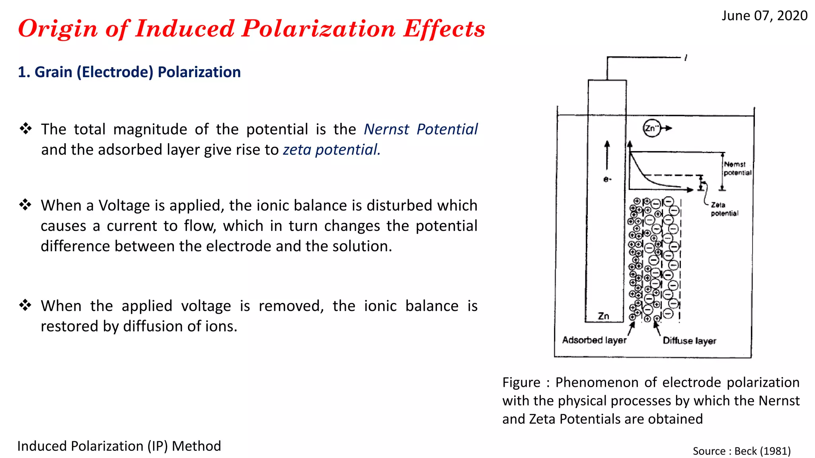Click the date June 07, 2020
click(x=764, y=16)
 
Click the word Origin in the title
click(x=58, y=29)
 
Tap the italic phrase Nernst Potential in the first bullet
click(x=421, y=129)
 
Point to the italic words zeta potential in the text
click(x=331, y=150)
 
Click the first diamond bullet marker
click(x=26, y=128)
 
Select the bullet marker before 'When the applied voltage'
click(x=25, y=305)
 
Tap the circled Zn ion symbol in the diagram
click(x=652, y=128)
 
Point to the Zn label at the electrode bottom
click(x=603, y=316)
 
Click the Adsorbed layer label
click(x=594, y=340)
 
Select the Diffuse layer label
click(x=689, y=341)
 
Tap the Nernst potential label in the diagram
click(x=737, y=169)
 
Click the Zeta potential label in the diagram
click(x=724, y=209)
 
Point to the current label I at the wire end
click(x=686, y=58)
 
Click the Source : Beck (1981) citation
click(x=741, y=451)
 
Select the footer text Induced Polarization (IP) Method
click(x=119, y=446)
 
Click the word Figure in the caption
click(x=521, y=382)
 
